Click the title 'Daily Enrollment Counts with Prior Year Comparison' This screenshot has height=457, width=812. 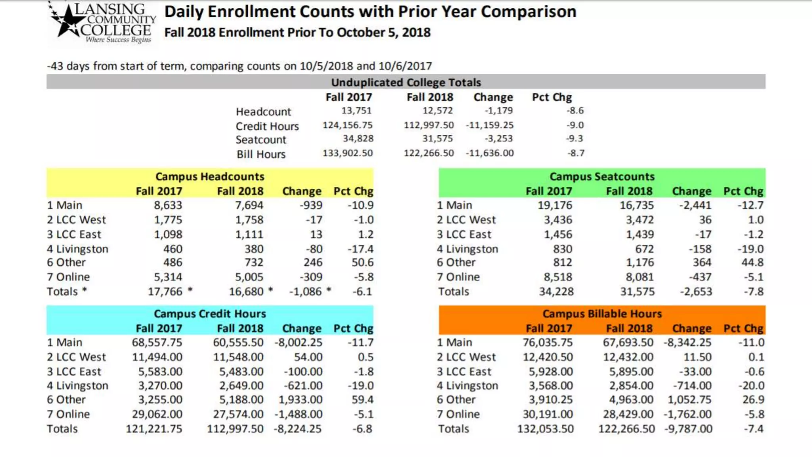[x=370, y=12]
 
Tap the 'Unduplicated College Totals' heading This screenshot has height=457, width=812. [x=406, y=82]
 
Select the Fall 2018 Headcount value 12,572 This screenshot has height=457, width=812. [x=437, y=111]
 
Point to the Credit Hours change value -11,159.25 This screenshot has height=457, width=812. [x=490, y=125]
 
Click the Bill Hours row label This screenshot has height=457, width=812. [x=261, y=154]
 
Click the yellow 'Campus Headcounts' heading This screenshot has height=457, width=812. [x=210, y=176]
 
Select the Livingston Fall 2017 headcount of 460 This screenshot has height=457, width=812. [x=173, y=249]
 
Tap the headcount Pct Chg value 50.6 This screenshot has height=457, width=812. [x=362, y=262]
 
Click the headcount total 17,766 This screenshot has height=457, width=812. [x=165, y=292]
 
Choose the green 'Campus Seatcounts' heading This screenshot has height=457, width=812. [x=602, y=176]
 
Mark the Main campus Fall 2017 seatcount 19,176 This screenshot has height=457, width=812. [x=555, y=205]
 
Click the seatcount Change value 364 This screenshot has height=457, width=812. [x=702, y=262]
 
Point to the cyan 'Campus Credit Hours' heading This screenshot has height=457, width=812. [x=210, y=313]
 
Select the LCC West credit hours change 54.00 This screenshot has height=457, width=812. [x=308, y=357]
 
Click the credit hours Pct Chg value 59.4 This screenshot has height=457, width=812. [x=362, y=399]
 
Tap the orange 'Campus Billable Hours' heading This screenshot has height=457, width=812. [x=602, y=313]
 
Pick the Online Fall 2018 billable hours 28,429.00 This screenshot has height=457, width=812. [x=628, y=414]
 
